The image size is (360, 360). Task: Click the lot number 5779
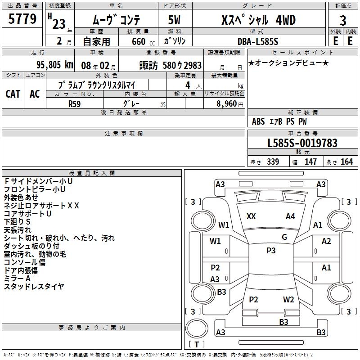[x=22, y=20]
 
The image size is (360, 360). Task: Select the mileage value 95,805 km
[x=55, y=65]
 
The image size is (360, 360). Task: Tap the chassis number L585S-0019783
[x=302, y=143]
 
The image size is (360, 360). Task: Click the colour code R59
[x=75, y=103]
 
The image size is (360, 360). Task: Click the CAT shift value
[x=13, y=94]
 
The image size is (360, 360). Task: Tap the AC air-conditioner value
[x=35, y=94]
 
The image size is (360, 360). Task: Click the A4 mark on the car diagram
[x=290, y=216]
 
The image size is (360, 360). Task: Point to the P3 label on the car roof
[x=271, y=251]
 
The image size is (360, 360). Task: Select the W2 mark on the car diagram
[x=288, y=300]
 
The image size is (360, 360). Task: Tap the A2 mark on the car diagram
[x=326, y=241]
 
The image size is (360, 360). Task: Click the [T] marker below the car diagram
[x=196, y=345]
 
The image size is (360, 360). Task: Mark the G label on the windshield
[x=284, y=237]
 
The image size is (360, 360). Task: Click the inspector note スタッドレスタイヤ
[x=34, y=286]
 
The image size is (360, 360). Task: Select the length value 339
[x=273, y=162]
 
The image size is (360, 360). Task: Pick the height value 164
[x=346, y=162]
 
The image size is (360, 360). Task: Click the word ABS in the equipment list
[x=258, y=121]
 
